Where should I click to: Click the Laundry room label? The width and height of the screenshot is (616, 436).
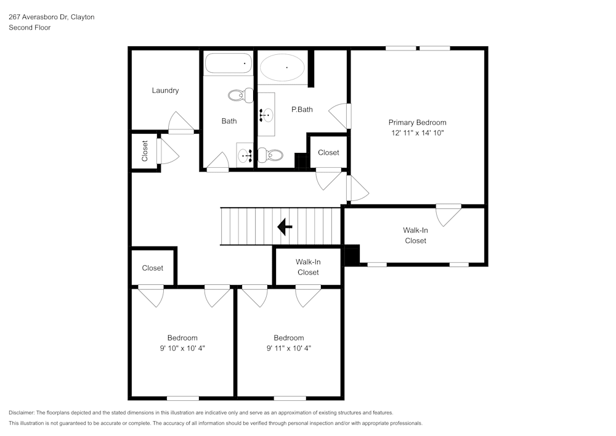coord(165,91)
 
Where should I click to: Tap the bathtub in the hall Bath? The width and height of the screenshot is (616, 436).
coord(229,64)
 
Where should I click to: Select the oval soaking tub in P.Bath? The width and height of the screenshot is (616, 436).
coord(282,67)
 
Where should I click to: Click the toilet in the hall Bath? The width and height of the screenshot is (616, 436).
coord(240,96)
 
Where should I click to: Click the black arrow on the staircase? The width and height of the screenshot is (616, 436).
coord(285,227)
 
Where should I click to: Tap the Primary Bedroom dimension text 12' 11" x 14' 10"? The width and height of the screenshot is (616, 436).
coord(417,133)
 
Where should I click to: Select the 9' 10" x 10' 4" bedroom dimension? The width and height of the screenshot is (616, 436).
coord(182,348)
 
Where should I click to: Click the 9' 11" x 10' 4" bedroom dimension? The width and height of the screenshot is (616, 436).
coord(289,348)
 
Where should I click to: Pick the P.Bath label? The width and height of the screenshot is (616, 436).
coord(302,110)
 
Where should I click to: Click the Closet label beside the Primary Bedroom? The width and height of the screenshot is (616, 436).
coord(328,153)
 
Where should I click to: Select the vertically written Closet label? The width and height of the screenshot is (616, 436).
coord(145,151)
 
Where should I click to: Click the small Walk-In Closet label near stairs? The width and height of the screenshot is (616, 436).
coord(308,267)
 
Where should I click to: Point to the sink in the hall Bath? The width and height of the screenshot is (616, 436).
coord(245,155)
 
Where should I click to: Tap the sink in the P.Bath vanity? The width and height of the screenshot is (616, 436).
coord(266,115)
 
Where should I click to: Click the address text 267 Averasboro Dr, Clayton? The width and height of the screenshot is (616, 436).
coord(51,17)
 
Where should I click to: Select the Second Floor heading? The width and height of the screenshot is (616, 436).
coord(30,28)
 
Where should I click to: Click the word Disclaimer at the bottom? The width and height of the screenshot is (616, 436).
coord(22,413)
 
